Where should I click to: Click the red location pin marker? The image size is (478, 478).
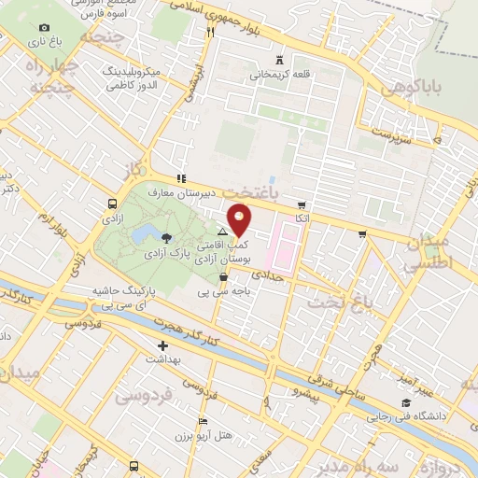coord(241,219)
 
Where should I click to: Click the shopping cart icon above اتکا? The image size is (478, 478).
coord(301,204)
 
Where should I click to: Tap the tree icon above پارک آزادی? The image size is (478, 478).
coord(166,238)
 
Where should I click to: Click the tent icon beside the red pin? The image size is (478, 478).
coord(222,231)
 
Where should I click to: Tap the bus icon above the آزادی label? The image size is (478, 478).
coord(112,204)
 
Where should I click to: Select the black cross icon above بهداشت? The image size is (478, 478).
coord(162,345)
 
